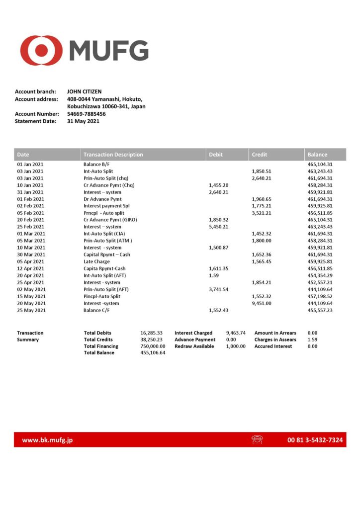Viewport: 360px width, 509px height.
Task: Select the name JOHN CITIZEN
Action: [x=84, y=91]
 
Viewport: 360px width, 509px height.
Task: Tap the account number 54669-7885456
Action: [x=86, y=114]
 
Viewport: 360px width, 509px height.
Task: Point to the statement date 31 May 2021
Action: [x=83, y=121]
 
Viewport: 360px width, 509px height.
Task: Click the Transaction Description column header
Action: [x=113, y=155]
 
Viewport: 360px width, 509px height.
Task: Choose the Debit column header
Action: [x=216, y=155]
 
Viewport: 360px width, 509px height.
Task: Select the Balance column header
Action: [x=317, y=155]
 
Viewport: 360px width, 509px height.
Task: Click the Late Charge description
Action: [x=96, y=261]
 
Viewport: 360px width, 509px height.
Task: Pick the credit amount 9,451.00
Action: [x=262, y=303]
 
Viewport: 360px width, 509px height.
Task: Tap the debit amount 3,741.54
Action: [x=219, y=289]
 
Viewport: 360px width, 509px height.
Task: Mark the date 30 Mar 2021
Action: [x=31, y=254]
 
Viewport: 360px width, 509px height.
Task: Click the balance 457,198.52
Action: [x=320, y=296]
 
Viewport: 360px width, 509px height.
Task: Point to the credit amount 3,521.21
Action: [x=262, y=213]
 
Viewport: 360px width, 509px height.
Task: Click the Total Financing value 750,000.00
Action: [x=153, y=346]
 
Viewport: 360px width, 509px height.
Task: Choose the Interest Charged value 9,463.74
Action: [x=236, y=333]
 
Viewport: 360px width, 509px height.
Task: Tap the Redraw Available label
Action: [x=194, y=346]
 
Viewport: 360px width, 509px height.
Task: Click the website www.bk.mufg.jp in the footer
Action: [x=48, y=440]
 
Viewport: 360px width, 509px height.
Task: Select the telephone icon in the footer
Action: [x=257, y=440]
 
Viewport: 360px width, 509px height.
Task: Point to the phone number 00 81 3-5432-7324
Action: [x=315, y=440]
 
